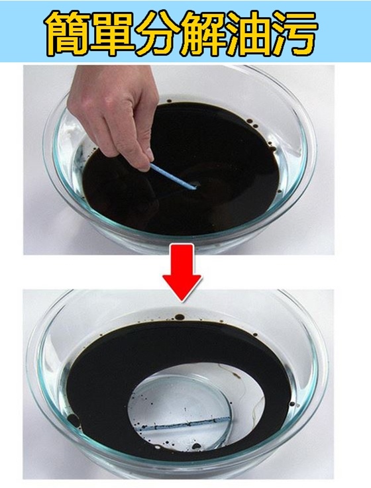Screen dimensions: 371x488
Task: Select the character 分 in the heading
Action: point(158,33)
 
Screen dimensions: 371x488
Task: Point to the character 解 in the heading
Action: point(203,33)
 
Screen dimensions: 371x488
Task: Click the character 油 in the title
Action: point(249,33)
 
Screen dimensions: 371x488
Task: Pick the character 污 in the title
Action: point(294,33)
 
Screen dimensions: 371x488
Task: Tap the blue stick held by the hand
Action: point(173,177)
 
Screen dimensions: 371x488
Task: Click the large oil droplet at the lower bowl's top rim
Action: point(180,317)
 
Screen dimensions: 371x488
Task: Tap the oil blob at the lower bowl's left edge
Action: point(74,420)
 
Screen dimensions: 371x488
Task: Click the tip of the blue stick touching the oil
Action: point(195,187)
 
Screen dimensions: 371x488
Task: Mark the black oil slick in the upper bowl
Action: point(181,168)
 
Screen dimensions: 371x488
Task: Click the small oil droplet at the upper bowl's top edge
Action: point(169,101)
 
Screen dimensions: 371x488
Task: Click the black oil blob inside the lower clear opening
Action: point(195,446)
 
